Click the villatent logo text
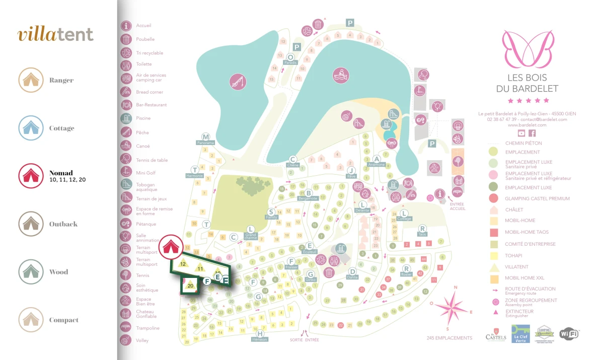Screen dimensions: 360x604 point(55,34)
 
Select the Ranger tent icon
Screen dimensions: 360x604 point(31,80)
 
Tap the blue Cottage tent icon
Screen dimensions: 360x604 point(31,128)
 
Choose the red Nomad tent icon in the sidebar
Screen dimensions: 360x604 point(31,176)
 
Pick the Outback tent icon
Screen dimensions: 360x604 point(31,224)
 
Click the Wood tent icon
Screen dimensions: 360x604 point(31,272)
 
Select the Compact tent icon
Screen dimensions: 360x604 point(31,320)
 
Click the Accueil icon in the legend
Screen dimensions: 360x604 point(126,25)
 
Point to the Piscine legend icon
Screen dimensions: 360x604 point(126,118)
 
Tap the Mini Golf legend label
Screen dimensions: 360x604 point(145,173)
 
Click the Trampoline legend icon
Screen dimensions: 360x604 point(126,328)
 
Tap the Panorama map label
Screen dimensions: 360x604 point(205,143)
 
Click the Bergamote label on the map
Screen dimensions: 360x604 point(309,198)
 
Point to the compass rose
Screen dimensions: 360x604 point(451,307)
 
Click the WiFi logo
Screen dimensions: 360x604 point(569,333)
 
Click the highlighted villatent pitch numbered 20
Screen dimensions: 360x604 point(190,285)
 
